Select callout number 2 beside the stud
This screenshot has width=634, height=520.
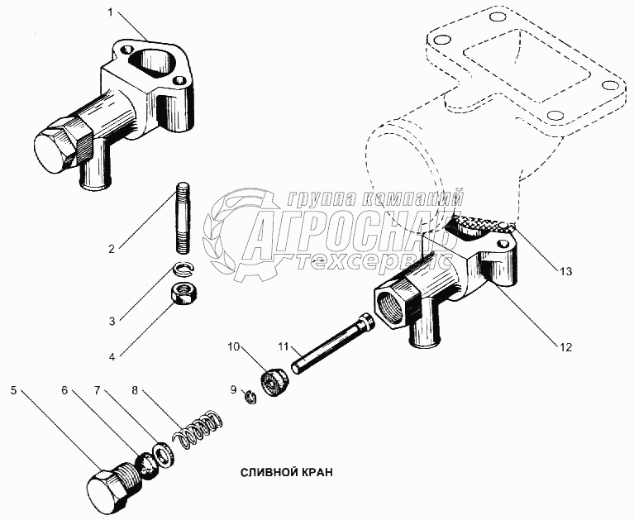pyautogui.click(x=111, y=246)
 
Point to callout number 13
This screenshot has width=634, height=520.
pyautogui.click(x=565, y=270)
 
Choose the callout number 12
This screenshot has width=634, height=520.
pyautogui.click(x=565, y=346)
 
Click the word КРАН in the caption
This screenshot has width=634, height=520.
pyautogui.click(x=314, y=473)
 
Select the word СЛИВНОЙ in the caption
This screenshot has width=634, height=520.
pyautogui.click(x=266, y=473)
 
